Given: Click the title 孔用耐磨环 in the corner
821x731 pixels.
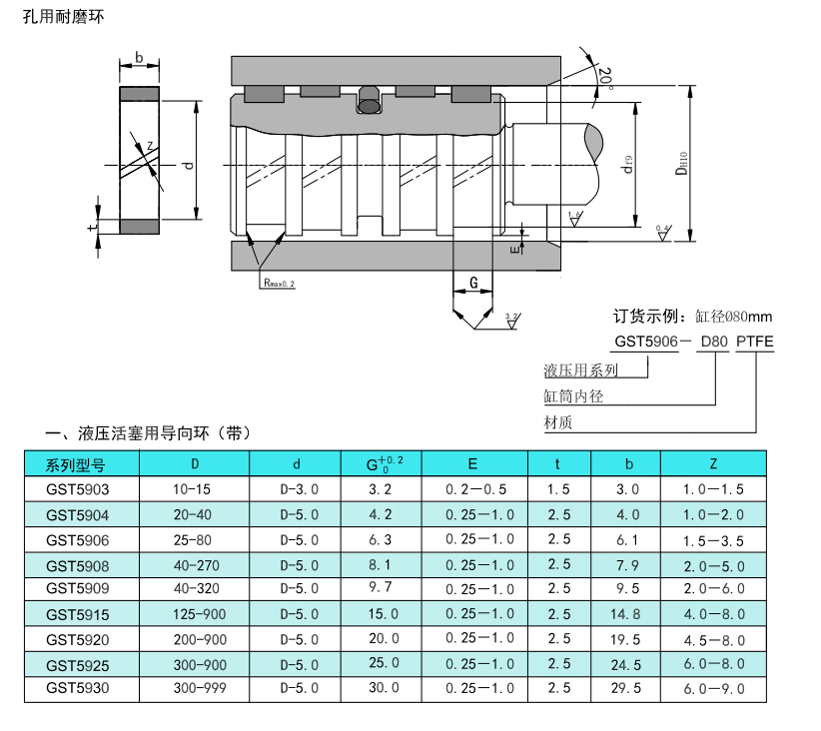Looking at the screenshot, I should [63, 18].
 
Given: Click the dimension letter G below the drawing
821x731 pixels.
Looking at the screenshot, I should [473, 283].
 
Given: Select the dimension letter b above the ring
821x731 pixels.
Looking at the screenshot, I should [139, 57].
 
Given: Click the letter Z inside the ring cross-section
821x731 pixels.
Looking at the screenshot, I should [150, 146].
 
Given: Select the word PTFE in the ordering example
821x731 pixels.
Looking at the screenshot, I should [754, 342].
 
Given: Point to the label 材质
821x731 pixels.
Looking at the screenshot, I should [558, 422].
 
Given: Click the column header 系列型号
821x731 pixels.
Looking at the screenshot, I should [76, 464].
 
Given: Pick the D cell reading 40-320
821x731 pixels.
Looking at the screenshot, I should [195, 589].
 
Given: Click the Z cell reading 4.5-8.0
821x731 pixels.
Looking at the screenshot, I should [713, 639].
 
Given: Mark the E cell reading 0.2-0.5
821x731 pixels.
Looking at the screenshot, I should [473, 489].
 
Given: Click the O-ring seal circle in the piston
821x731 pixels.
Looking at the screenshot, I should [369, 103].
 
